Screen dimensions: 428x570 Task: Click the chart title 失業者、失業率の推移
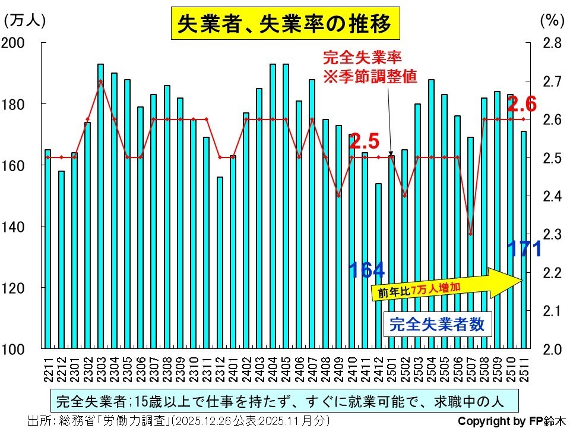pyautogui.click(x=284, y=24)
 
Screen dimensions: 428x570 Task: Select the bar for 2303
pyautogui.click(x=100, y=206)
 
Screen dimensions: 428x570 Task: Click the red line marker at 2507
pyautogui.click(x=471, y=234)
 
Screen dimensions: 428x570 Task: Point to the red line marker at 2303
pyautogui.click(x=100, y=81)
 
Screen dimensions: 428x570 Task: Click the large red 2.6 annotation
pyautogui.click(x=522, y=105)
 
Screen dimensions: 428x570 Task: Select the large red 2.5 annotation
pyautogui.click(x=364, y=142)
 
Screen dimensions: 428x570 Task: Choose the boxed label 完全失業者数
pyautogui.click(x=436, y=325)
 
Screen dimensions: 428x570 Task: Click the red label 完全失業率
pyautogui.click(x=363, y=58)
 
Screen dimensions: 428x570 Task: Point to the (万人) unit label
pyautogui.click(x=24, y=20)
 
